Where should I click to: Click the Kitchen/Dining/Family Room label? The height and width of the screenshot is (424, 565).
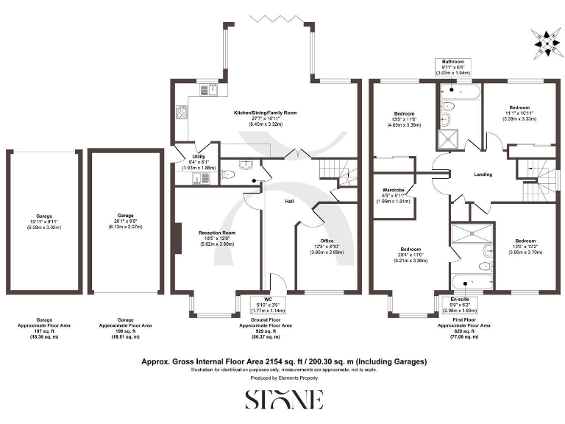coord(265,118)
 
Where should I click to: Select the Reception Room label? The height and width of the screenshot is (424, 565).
coord(216,238)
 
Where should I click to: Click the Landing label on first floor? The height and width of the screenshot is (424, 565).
coord(483,174)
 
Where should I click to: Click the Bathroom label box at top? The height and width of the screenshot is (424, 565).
coord(453,67)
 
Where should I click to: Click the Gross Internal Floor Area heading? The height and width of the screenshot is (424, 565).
coord(283,361)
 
